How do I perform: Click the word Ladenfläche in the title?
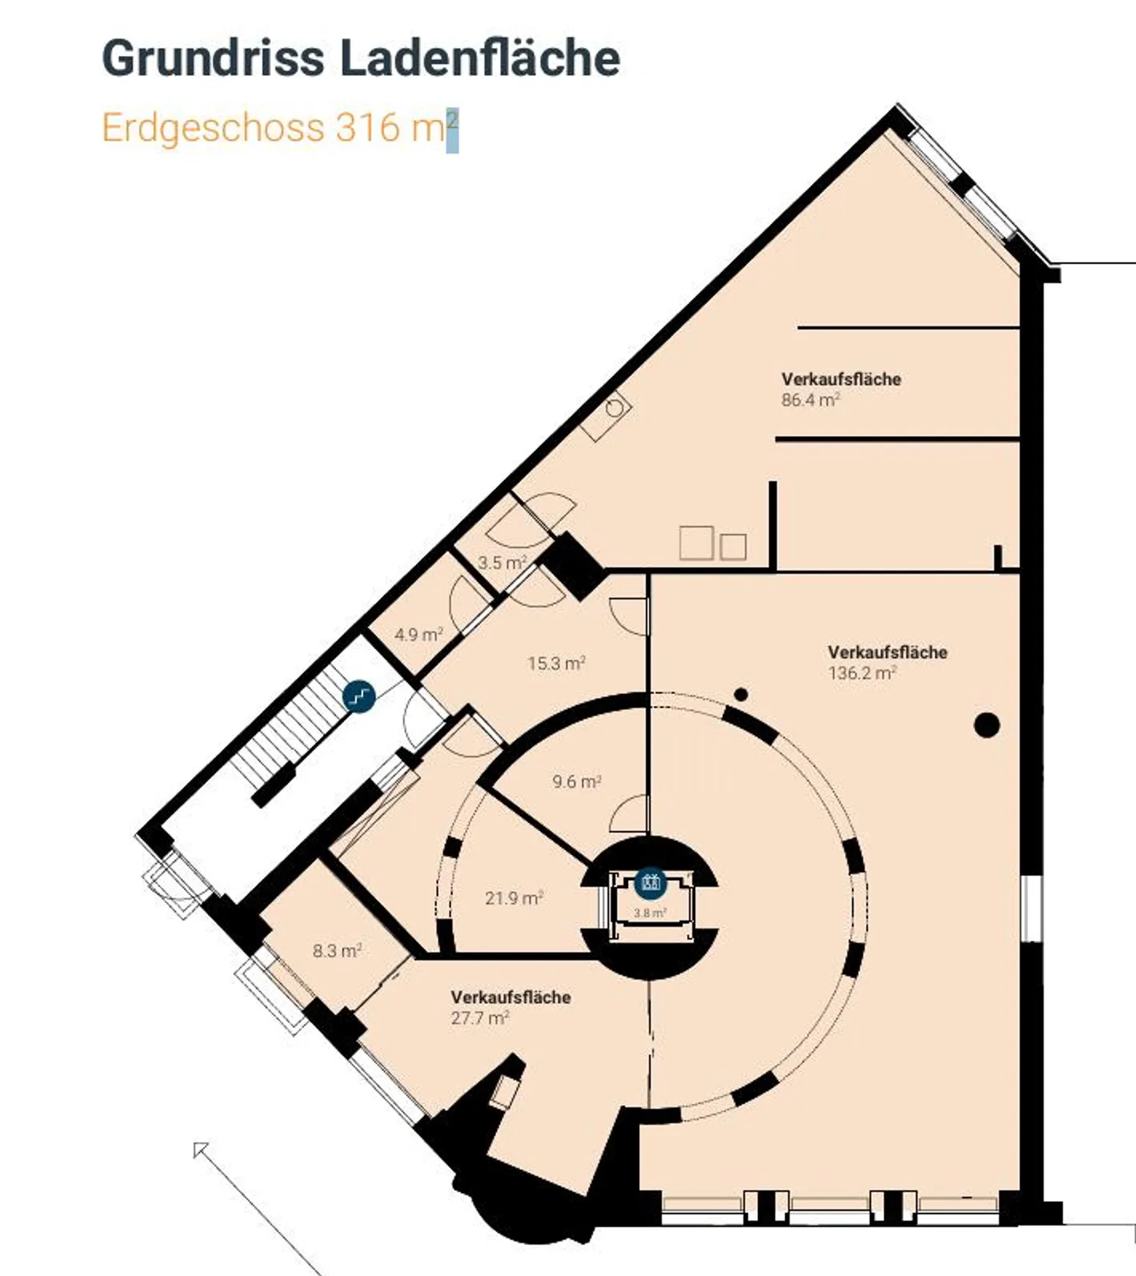(x=480, y=58)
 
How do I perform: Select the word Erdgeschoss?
(x=213, y=129)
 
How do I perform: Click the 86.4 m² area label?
(x=810, y=400)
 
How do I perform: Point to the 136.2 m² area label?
(x=862, y=673)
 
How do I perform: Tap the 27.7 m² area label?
(x=480, y=1017)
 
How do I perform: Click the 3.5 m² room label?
(x=502, y=563)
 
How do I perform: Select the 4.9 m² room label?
(x=418, y=634)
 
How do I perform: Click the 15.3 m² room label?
(x=556, y=663)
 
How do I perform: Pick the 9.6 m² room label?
(x=577, y=782)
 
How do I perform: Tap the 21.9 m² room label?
(x=514, y=897)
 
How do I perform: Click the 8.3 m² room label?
(x=337, y=950)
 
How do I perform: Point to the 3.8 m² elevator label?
(x=650, y=913)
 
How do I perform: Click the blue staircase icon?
(x=359, y=696)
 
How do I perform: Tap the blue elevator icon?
(x=651, y=882)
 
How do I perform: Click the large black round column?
(x=987, y=725)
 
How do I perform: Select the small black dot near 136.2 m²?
(x=741, y=695)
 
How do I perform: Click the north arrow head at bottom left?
(x=200, y=1150)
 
